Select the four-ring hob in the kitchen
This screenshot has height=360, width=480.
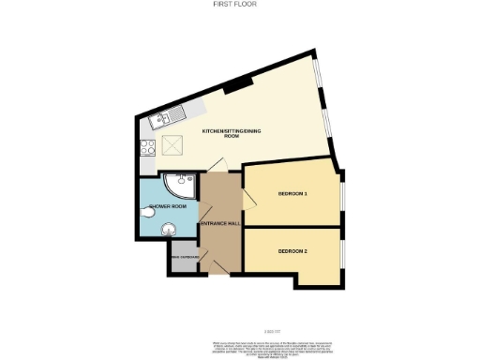146,146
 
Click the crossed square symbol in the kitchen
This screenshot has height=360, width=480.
172,144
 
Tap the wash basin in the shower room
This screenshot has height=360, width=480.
169,229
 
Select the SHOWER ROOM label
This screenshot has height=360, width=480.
165,205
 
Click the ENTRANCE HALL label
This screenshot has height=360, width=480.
221,224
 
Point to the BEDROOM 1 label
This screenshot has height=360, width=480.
292,194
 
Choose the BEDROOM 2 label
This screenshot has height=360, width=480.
292,251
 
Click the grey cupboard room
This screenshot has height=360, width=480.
183,261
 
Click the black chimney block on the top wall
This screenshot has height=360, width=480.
239,85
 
